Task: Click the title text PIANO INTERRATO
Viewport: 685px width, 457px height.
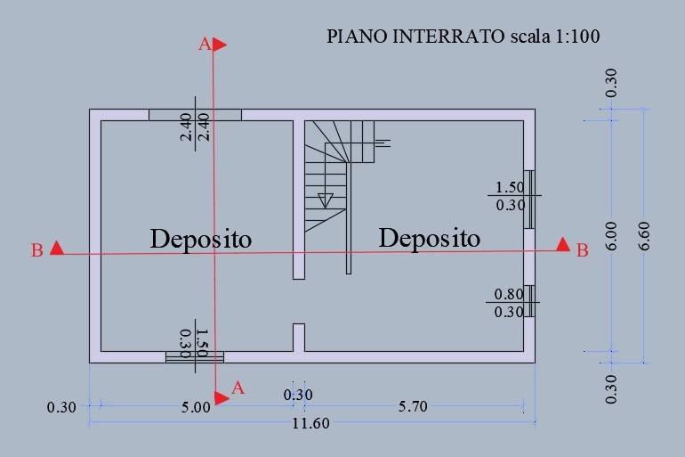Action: coord(415,37)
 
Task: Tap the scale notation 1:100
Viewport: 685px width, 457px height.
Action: coord(577,37)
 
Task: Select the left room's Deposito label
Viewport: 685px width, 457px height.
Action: coord(201,241)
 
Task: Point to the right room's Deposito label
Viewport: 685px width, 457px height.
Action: coord(430,239)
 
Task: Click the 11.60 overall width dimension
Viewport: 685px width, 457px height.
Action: coord(310,423)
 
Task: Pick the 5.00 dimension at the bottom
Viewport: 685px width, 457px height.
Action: coord(196,408)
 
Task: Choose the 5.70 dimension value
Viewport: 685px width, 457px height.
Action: coord(413,407)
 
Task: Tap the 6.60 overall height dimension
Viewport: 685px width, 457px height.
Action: coord(644,236)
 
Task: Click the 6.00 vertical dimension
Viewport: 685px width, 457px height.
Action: coord(612,236)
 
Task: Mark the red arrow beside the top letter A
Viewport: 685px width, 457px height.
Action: coord(220,45)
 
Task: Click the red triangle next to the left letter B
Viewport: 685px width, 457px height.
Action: coord(57,248)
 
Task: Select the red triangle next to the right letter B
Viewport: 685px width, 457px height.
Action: coord(563,244)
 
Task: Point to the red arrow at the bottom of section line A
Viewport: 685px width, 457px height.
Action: coord(222,397)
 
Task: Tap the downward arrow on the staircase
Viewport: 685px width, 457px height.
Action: coord(325,200)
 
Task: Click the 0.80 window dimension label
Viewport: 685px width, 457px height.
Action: coord(509,294)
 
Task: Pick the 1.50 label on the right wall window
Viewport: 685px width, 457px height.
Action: coord(510,188)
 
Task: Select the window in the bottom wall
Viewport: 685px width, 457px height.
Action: coord(195,357)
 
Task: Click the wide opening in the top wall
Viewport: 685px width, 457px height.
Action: coord(195,115)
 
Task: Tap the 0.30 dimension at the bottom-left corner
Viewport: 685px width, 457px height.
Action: coord(61,408)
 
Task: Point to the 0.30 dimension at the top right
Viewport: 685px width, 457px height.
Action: coord(612,83)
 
